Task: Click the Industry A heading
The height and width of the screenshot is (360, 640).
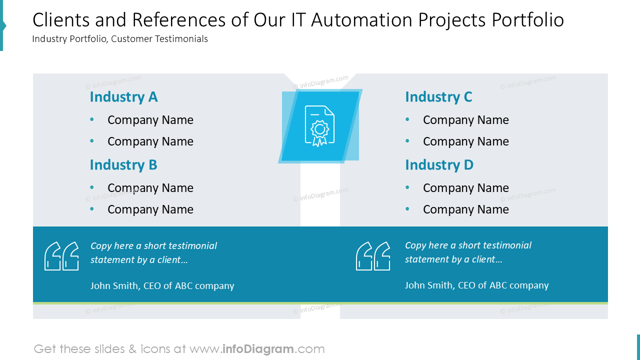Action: (123, 97)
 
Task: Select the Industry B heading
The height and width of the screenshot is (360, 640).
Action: (123, 165)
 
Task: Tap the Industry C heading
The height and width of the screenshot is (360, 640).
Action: (438, 97)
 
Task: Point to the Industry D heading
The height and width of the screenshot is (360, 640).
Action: (439, 165)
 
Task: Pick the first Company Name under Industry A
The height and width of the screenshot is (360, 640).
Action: (150, 120)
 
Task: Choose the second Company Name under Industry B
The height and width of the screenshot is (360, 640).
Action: (150, 209)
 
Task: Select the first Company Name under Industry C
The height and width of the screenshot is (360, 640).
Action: (465, 120)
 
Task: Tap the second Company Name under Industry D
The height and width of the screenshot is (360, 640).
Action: (465, 209)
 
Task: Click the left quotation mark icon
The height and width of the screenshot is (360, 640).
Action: (61, 256)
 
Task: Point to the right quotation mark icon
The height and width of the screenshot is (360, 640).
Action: (373, 256)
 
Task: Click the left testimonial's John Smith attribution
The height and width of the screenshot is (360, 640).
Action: (162, 286)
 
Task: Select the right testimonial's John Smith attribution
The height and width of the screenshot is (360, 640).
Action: (476, 285)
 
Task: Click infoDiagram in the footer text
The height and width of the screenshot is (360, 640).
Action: (258, 349)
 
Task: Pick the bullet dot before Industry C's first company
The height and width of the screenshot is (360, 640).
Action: (407, 120)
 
